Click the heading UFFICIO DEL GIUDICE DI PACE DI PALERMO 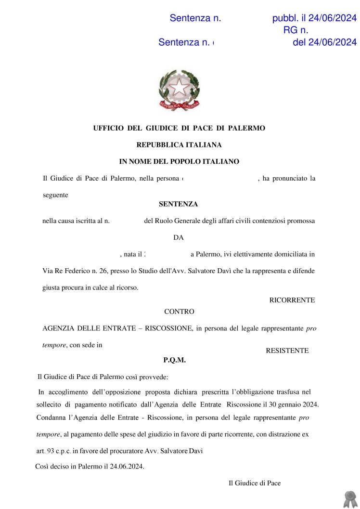(x=179, y=128)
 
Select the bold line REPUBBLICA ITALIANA (x=179, y=145)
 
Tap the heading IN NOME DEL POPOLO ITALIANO (x=179, y=162)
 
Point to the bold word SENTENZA (x=178, y=204)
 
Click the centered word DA (x=178, y=237)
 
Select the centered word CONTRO (x=179, y=312)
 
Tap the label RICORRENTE (x=292, y=300)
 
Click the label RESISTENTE (x=287, y=351)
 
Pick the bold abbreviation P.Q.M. (x=174, y=360)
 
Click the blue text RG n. (x=296, y=30)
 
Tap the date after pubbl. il (x=332, y=18)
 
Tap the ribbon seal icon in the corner (x=349, y=499)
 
